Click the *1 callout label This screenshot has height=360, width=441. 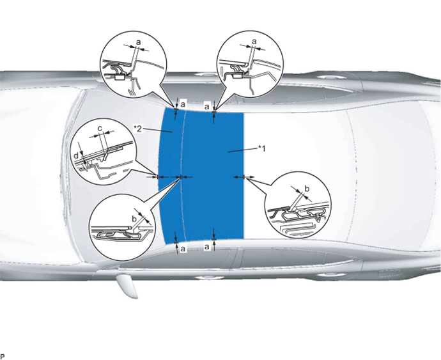261,148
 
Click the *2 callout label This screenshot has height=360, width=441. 138,129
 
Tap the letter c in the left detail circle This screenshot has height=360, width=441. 100,129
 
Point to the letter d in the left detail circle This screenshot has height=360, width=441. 76,155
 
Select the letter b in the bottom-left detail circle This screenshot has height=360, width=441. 134,219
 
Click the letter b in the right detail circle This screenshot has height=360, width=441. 307,188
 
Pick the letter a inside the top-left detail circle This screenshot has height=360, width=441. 139,42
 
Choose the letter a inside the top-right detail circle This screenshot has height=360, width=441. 254,42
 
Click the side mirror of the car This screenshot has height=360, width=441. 127,286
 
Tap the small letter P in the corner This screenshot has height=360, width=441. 3,357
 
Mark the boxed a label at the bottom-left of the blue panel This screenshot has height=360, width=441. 183,249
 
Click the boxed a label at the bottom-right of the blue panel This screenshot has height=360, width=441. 207,247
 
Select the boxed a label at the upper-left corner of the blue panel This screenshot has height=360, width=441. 183,104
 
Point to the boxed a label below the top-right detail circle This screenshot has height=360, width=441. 207,107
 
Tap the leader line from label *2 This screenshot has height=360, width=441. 157,130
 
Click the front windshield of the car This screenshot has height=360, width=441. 118,175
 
